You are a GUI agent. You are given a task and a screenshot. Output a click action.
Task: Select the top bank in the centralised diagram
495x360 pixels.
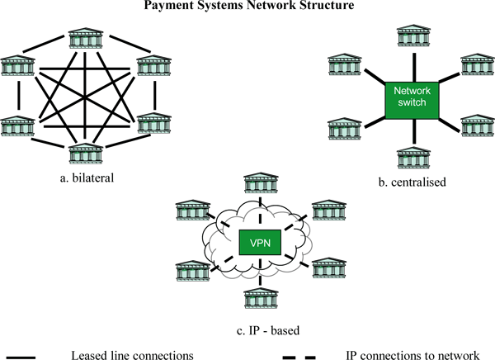412,37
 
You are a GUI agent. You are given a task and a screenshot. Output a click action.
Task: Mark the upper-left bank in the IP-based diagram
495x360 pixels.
190,210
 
